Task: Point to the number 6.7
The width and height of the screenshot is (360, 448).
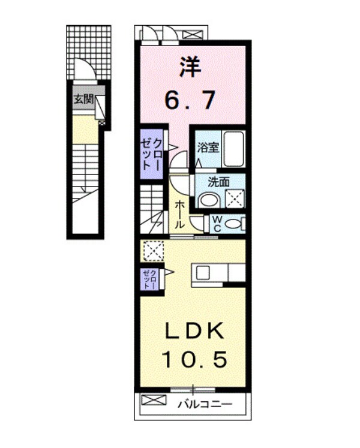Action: click(x=190, y=100)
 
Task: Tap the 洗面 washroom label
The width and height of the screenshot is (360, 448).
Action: click(x=219, y=181)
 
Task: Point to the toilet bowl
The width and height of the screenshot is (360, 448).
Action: click(x=235, y=224)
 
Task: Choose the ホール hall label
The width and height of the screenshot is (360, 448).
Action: click(x=179, y=214)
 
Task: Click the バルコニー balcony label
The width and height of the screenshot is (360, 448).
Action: click(x=204, y=404)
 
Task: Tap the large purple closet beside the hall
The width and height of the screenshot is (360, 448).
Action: click(x=151, y=154)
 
